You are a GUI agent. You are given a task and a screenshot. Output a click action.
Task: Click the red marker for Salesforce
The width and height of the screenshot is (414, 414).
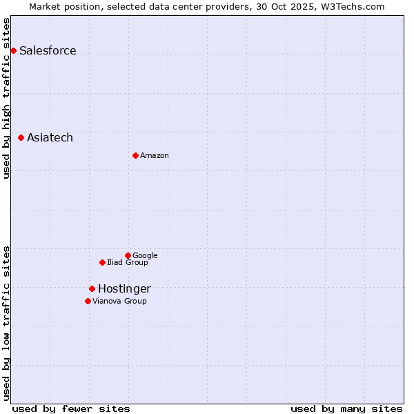pos(13,50)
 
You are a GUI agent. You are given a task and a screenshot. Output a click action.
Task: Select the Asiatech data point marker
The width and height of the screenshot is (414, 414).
pos(21,138)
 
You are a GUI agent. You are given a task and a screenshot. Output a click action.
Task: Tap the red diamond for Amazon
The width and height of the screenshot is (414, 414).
pos(135,155)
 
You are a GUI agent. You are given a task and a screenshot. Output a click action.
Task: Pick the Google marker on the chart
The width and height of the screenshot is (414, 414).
pos(128,255)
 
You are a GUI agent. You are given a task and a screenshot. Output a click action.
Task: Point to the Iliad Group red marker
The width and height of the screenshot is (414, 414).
pos(102,262)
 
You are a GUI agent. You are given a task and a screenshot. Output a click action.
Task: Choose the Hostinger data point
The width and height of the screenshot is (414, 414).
pos(92,288)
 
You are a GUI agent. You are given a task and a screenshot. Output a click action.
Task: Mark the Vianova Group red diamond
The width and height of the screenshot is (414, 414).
pos(88,301)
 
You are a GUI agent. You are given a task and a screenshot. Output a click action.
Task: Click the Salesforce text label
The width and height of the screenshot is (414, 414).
pos(48,51)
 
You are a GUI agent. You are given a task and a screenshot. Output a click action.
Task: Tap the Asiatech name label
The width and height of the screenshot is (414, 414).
pos(50,138)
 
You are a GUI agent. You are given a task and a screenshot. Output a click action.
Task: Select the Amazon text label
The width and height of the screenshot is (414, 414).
pos(155,156)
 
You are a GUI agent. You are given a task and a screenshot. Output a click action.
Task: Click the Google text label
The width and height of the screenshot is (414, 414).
pos(145,256)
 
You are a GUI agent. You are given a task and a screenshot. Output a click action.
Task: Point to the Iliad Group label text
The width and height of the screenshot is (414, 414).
pos(128,263)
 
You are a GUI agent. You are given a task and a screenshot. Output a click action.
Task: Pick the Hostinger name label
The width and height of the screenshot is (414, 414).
pos(124,289)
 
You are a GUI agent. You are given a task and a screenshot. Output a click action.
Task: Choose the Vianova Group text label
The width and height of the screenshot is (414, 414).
pos(119,302)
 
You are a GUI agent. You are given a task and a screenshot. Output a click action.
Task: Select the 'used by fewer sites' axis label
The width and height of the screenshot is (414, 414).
pos(71,408)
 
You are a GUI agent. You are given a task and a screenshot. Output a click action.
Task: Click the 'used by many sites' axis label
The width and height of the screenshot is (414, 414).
pos(346,408)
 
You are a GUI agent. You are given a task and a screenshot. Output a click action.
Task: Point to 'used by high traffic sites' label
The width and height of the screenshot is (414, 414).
pos(6,98)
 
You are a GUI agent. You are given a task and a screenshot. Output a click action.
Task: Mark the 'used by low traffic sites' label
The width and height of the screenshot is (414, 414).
pos(6,322)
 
